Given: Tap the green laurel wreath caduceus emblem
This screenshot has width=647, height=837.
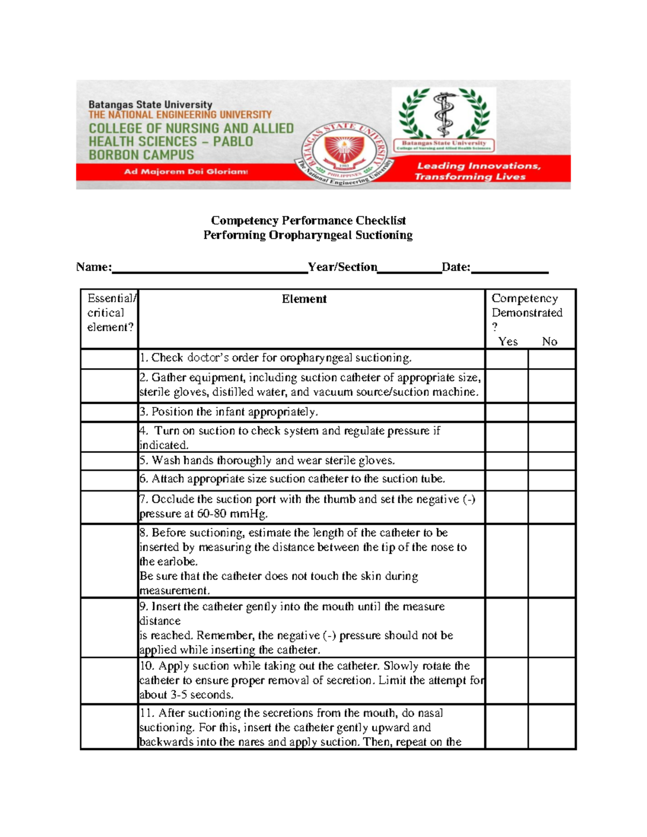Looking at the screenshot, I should [444, 114].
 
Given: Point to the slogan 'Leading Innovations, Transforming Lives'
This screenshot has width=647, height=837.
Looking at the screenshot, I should [477, 171].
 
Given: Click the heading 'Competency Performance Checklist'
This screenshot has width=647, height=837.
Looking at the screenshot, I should [308, 220].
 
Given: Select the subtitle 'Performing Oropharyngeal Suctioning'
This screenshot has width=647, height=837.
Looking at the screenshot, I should [308, 235].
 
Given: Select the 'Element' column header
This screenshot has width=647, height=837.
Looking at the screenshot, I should [304, 299].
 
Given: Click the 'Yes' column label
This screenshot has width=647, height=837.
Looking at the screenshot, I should [508, 342].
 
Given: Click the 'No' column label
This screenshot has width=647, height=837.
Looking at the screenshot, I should [549, 342].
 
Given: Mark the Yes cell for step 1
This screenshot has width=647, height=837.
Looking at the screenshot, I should [506, 359].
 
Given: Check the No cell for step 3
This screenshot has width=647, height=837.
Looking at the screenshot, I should [552, 412].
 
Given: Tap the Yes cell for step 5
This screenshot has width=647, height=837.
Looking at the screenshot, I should [506, 461].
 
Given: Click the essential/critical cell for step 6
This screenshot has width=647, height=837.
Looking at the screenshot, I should [109, 480].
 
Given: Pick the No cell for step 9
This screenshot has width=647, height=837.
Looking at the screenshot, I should [552, 627].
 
